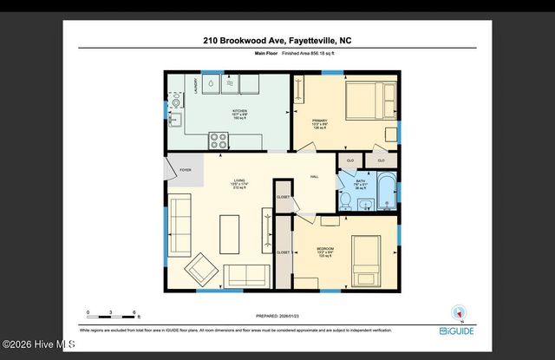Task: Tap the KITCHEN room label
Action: [240, 110]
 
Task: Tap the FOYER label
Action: [184, 170]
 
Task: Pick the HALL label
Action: [315, 176]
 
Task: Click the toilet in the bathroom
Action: [345, 201]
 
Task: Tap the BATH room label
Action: [361, 181]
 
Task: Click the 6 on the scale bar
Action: [134, 311]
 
